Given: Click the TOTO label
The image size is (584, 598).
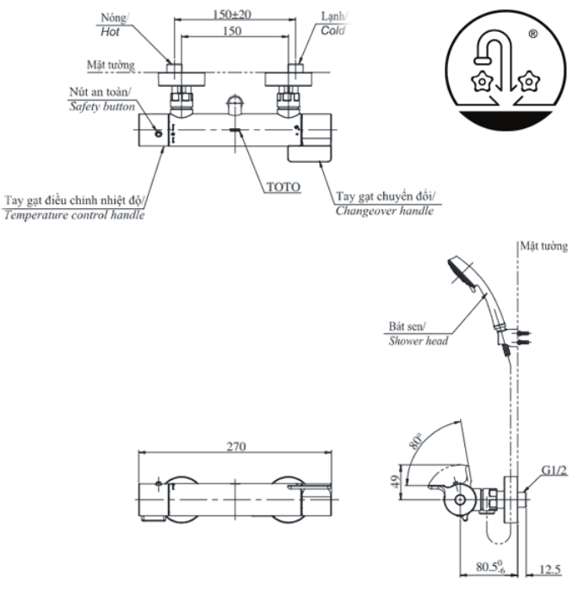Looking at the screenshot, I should (283, 187).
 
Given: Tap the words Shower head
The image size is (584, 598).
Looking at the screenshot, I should (418, 341).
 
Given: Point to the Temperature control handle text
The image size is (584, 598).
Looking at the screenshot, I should (73, 215).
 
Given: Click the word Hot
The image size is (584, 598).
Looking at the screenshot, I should (110, 30).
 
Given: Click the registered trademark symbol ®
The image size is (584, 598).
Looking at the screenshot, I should (533, 35).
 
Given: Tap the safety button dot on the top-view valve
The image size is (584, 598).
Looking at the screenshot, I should (158, 134).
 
